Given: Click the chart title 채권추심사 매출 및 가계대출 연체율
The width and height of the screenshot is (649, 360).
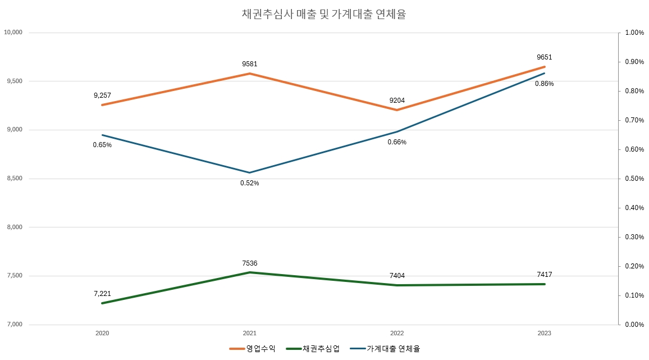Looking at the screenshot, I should pyautogui.click(x=323, y=15).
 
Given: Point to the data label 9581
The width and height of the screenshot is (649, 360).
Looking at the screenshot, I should pyautogui.click(x=250, y=64).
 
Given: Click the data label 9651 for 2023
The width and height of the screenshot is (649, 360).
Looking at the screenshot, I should pyautogui.click(x=544, y=57).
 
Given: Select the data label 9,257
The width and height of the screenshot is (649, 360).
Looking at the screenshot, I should pyautogui.click(x=103, y=95).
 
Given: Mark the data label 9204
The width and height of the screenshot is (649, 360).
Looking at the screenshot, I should pyautogui.click(x=397, y=101).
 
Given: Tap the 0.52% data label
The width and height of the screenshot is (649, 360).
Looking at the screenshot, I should pyautogui.click(x=250, y=183).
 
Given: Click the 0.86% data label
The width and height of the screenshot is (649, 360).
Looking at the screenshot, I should pyautogui.click(x=544, y=84).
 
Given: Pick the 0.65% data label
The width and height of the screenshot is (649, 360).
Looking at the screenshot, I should pyautogui.click(x=102, y=145).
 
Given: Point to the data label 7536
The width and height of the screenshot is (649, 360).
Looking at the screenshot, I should pyautogui.click(x=250, y=263).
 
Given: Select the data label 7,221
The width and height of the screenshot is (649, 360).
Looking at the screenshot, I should pyautogui.click(x=103, y=294).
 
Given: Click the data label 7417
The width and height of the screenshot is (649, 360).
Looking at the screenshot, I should pyautogui.click(x=544, y=275).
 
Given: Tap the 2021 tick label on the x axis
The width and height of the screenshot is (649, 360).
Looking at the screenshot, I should pyautogui.click(x=250, y=333).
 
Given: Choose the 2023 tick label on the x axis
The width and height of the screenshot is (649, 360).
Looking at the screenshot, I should pyautogui.click(x=544, y=333).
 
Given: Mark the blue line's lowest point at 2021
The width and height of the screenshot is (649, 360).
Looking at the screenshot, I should pyautogui.click(x=250, y=172).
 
